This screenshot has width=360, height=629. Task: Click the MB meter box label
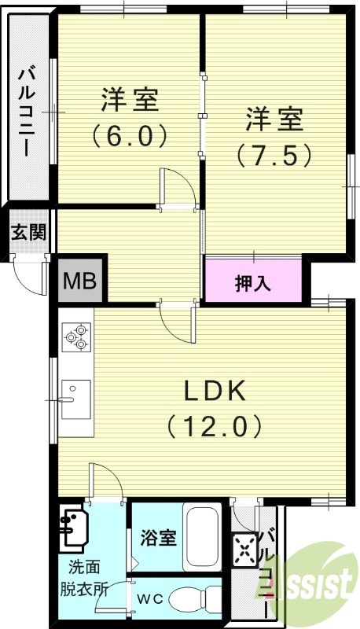tap(81, 279)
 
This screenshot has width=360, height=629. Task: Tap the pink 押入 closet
tap(254, 281)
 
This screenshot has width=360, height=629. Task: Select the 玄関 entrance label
tap(28, 233)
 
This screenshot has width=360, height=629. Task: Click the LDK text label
tap(216, 391)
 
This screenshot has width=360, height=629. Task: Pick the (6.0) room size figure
tap(130, 135)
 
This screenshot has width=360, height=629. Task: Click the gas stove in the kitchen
tap(76, 337)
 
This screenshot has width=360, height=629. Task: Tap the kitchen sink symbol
tap(75, 393)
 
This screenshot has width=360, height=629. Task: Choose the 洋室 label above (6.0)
tap(130, 100)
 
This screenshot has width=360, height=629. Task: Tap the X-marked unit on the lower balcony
tap(246, 551)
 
